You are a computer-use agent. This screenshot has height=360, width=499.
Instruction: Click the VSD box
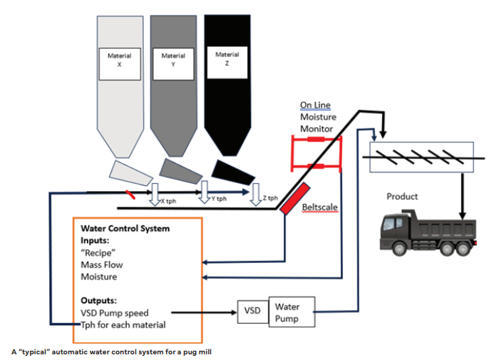(x=252, y=311)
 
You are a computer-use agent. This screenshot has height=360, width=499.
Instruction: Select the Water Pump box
(x=291, y=312)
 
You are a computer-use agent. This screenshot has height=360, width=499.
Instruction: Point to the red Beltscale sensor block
(x=294, y=200)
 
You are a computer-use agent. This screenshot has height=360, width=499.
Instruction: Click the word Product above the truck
(x=402, y=196)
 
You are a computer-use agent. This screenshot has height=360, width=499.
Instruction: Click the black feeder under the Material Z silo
(x=230, y=170)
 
